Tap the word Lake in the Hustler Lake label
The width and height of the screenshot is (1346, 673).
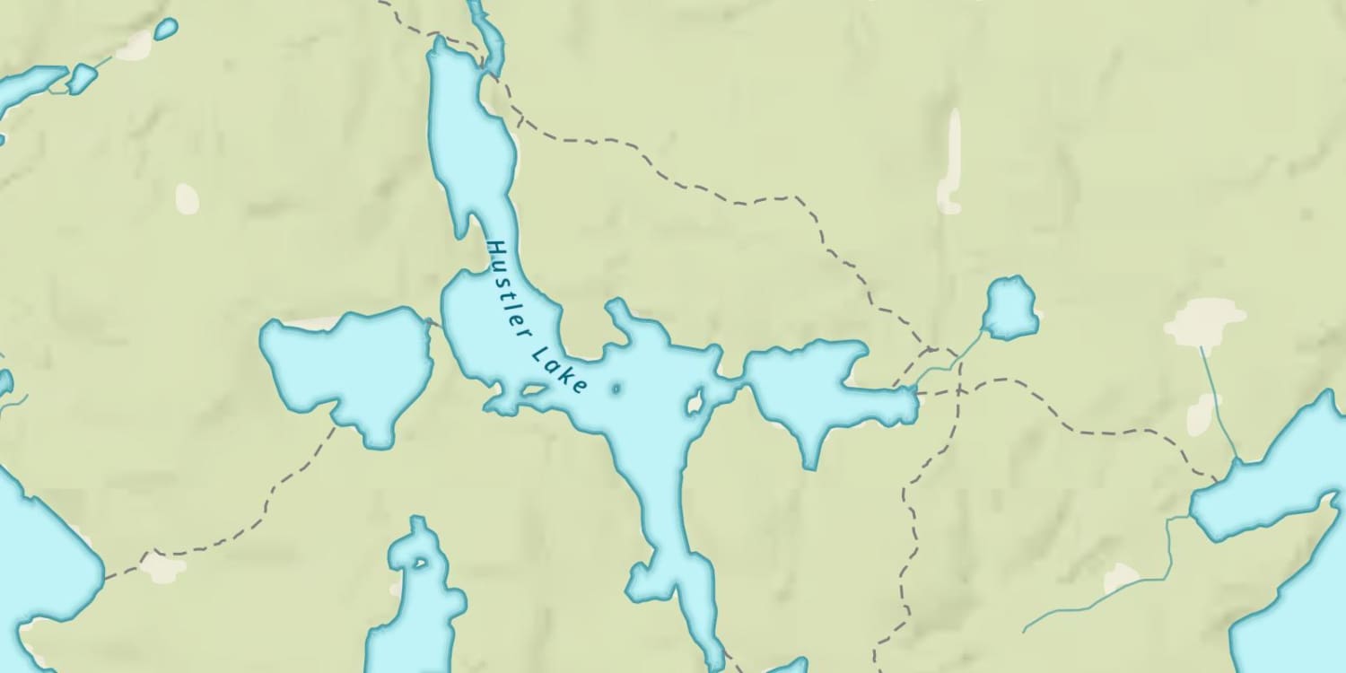(x=560, y=368)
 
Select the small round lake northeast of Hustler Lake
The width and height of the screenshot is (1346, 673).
(x=1010, y=308)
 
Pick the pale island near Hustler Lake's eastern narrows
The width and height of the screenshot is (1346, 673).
(x=694, y=403)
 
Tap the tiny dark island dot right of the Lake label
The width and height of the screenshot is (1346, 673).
(x=616, y=389)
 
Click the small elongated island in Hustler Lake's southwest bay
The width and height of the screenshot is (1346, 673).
(x=532, y=390)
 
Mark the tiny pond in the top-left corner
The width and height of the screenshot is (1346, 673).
(x=165, y=29)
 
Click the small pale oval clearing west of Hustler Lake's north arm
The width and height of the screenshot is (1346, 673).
(x=187, y=198)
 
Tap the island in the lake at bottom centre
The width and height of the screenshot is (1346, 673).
(x=419, y=564)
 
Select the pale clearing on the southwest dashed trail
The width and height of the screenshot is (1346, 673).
(x=164, y=567)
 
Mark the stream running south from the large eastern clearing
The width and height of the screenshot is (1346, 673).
(x=1219, y=404)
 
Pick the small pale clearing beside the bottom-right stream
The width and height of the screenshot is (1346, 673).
(x=1122, y=577)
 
